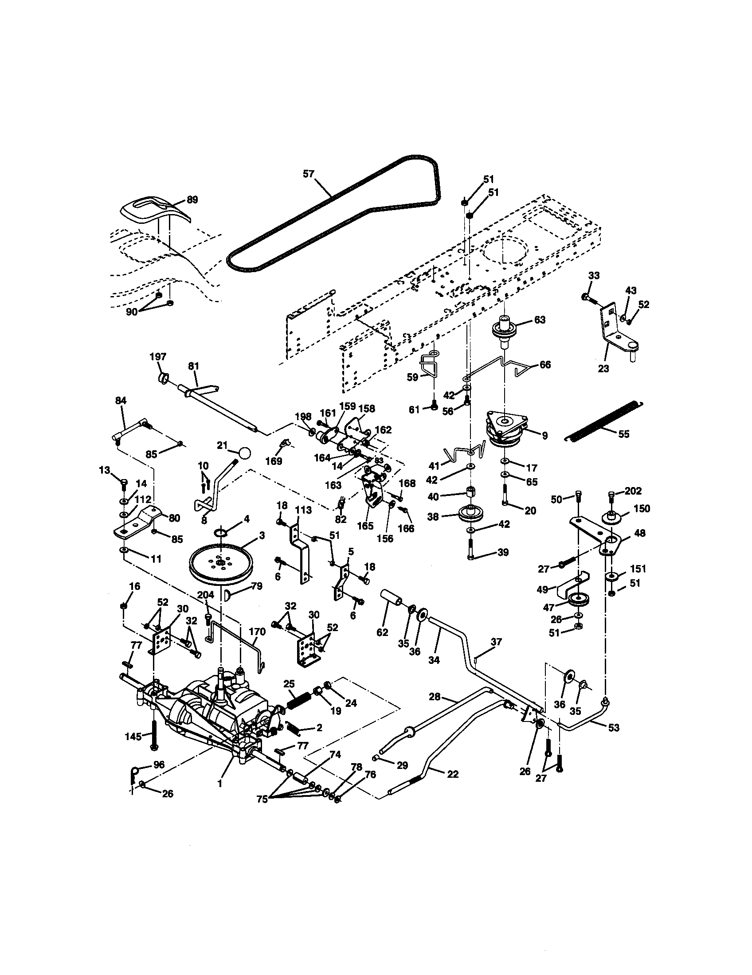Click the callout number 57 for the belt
pyautogui.click(x=308, y=174)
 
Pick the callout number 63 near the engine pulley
pyautogui.click(x=540, y=320)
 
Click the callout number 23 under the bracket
pyautogui.click(x=603, y=369)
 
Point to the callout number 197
pyautogui.click(x=158, y=356)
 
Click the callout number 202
pyautogui.click(x=633, y=491)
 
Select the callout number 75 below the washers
pyautogui.click(x=262, y=799)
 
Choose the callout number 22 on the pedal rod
pyautogui.click(x=452, y=774)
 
